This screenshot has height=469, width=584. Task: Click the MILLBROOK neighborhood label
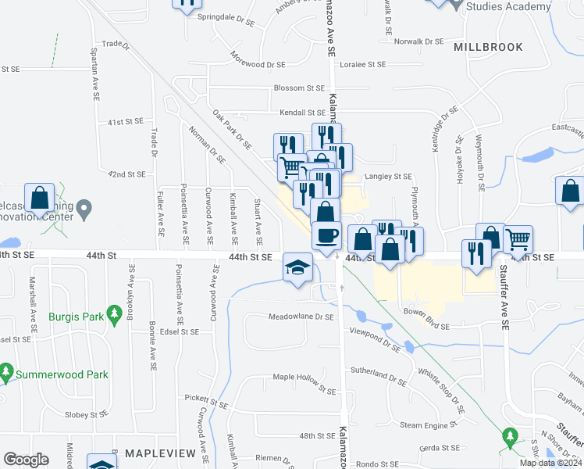(489, 47)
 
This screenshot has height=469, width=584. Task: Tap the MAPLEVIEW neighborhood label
(151, 453)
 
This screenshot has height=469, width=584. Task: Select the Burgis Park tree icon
(115, 314)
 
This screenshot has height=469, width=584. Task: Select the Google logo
(26, 460)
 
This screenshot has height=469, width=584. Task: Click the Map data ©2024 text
(550, 463)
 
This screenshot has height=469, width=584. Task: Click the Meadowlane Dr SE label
(301, 317)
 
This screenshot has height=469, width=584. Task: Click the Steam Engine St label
(427, 425)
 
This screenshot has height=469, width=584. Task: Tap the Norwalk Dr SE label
(418, 41)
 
